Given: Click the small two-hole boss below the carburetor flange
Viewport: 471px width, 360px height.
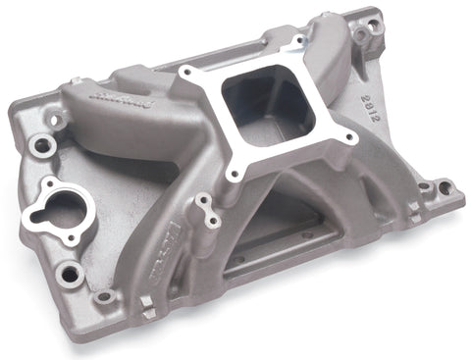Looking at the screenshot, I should (x=204, y=209).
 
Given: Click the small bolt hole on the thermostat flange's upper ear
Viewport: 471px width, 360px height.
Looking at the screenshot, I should (x=45, y=184).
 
